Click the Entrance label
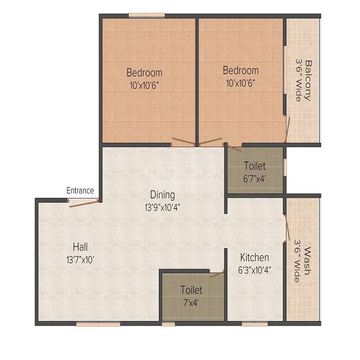coord(80,191)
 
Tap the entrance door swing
coord(84,203)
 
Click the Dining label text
coord(163,195)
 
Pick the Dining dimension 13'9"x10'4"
coord(162,207)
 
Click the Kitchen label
coord(254,257)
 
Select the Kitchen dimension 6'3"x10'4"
coord(255,269)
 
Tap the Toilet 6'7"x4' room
coord(255,171)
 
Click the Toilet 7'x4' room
coord(191,296)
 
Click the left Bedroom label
coord(145,73)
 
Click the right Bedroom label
coord(241,70)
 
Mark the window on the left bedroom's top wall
coord(147,15)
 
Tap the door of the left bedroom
coord(184,141)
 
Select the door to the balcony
coord(288,129)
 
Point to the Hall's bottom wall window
coord(98,324)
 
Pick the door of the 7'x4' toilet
coord(217,274)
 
